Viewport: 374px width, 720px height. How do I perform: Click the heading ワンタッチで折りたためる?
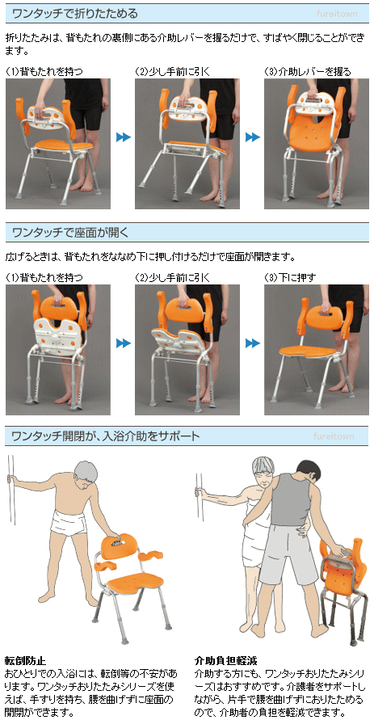pos(75,13)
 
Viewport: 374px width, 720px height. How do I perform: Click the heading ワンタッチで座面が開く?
pos(70,233)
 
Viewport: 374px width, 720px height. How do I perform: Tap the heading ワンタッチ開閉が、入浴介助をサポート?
pos(106,436)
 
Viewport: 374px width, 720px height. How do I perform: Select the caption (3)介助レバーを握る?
pos(308,72)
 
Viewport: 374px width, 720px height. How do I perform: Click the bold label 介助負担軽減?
pos(225,661)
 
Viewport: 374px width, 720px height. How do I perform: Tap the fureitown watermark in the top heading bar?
pos(336,14)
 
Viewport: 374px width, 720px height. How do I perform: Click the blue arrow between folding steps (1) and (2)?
pos(123,137)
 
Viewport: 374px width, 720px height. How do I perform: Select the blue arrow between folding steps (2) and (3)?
pos(252,137)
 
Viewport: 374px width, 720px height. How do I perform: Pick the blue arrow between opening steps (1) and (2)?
pos(123,343)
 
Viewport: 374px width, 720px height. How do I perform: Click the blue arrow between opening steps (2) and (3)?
pos(252,343)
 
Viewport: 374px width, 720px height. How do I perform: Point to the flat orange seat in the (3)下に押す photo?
pos(308,352)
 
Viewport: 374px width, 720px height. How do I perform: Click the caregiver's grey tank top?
pos(291,499)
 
